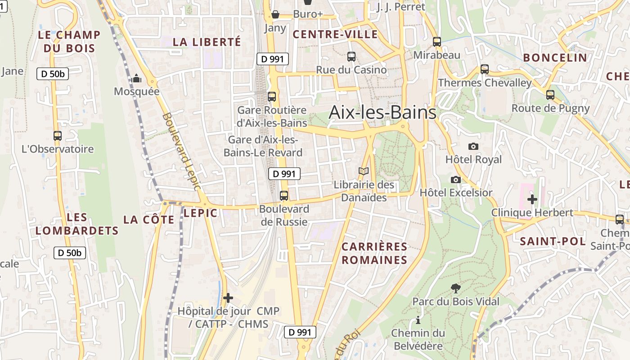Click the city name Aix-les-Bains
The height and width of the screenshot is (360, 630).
click(x=382, y=112)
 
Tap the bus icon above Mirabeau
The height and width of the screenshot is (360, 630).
click(x=436, y=42)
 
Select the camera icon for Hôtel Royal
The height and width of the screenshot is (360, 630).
click(x=473, y=146)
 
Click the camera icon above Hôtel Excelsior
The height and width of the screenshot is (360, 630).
click(x=455, y=180)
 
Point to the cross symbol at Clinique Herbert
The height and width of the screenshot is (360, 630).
click(x=532, y=199)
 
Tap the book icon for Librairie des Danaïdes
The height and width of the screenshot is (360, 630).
click(x=364, y=171)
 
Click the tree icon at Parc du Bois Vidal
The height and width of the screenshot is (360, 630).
click(x=455, y=288)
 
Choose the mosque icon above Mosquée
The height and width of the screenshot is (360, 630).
click(x=136, y=79)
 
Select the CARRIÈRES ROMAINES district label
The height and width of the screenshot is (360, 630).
click(x=374, y=253)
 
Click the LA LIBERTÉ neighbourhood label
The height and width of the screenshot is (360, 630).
click(x=207, y=42)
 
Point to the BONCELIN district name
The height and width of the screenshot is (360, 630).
click(x=555, y=58)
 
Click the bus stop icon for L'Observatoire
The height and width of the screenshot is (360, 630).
click(x=57, y=136)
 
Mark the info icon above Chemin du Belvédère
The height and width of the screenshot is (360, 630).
click(x=418, y=320)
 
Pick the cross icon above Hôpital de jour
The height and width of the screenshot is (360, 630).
click(x=228, y=298)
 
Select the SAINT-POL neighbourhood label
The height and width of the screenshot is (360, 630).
click(x=553, y=241)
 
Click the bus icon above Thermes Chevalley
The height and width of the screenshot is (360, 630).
click(x=484, y=69)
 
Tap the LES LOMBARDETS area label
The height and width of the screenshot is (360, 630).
click(x=77, y=224)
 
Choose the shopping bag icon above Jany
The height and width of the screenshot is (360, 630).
click(x=275, y=15)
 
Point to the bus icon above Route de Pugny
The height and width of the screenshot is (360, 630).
click(x=550, y=95)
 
